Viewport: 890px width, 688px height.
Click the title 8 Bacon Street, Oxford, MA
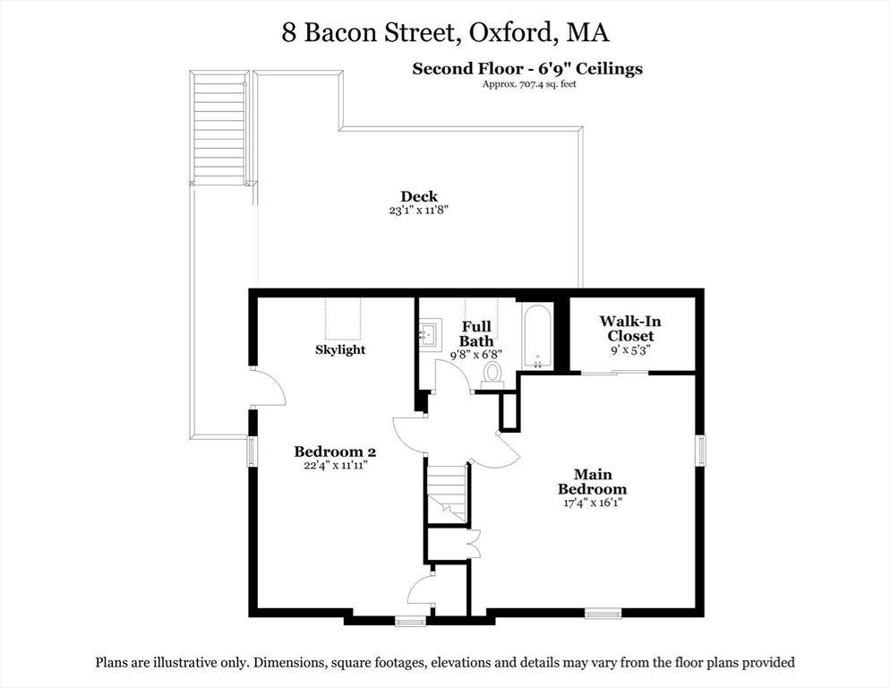[x=445, y=33]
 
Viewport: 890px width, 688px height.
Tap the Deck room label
[x=418, y=197]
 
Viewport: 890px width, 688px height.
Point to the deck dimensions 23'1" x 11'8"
[x=418, y=211]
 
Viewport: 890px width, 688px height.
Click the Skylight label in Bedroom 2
[x=340, y=349]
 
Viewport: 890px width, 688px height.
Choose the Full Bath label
[x=475, y=334]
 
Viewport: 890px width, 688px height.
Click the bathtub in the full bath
[x=537, y=337]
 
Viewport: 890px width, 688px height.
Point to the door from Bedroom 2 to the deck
[x=267, y=389]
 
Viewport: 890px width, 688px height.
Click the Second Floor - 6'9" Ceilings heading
[x=526, y=68]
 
